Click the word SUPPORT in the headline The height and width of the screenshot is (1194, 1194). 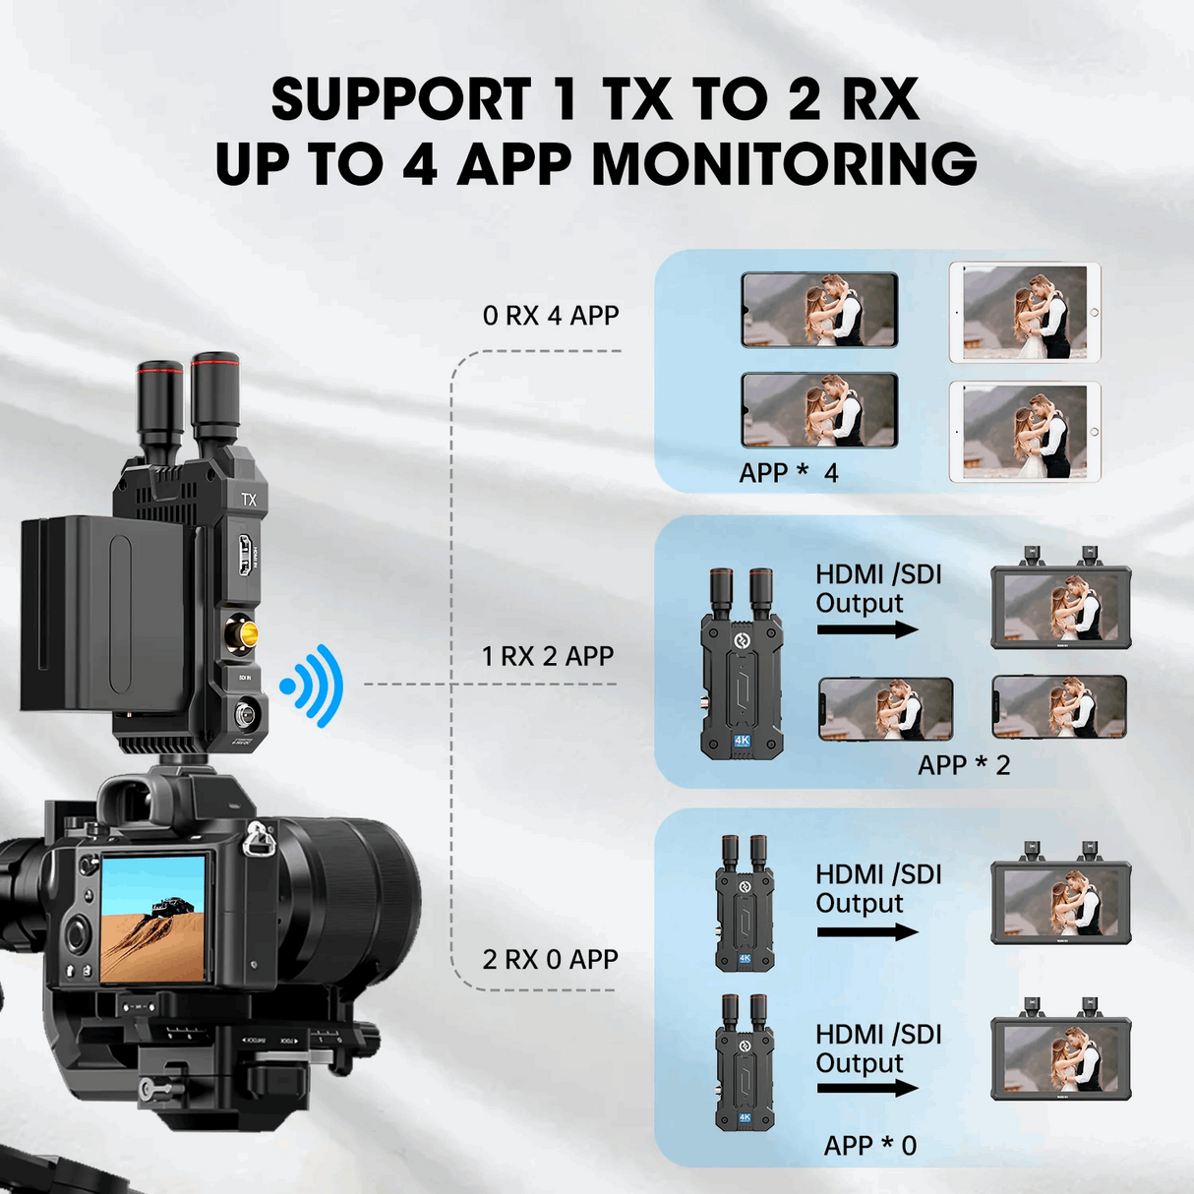401,100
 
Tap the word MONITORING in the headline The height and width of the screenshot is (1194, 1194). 784,164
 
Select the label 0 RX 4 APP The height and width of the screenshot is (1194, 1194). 551,316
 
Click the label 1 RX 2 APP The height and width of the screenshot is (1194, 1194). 548,656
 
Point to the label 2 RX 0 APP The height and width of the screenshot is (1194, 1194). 550,959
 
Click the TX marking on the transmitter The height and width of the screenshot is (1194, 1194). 249,500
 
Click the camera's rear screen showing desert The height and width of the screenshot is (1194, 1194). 153,919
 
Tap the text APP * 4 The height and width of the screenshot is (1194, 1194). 788,473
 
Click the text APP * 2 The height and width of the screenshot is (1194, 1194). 964,765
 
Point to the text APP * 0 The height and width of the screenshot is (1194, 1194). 869,1146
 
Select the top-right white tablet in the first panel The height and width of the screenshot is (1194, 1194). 1025,313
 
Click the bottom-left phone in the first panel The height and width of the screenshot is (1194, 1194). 819,411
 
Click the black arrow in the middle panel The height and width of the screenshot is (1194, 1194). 866,629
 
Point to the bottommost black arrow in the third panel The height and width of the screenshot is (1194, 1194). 866,1088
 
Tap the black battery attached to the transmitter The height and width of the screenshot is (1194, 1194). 103,615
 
